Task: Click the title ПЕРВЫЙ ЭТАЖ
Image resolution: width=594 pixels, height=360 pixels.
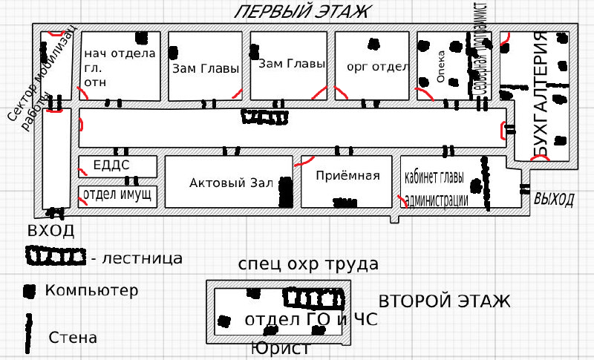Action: tap(301, 12)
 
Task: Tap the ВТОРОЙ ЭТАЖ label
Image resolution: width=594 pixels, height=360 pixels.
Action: tap(444, 301)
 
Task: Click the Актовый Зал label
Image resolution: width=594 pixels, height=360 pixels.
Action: tap(232, 183)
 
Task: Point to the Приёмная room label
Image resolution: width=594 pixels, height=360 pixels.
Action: tap(347, 177)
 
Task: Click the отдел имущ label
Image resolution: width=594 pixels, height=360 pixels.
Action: tap(118, 195)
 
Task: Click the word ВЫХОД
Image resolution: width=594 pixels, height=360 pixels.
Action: tap(554, 200)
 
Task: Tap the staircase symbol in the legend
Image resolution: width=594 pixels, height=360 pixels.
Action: tap(55, 257)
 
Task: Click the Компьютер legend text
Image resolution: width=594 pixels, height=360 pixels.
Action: tap(91, 289)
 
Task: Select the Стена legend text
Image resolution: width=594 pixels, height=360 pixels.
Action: tap(73, 338)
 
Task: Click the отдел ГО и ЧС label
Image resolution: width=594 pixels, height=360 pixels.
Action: tap(310, 321)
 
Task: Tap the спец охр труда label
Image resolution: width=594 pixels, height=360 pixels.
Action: tap(308, 264)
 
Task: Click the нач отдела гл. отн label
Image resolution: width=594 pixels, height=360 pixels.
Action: tap(119, 67)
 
